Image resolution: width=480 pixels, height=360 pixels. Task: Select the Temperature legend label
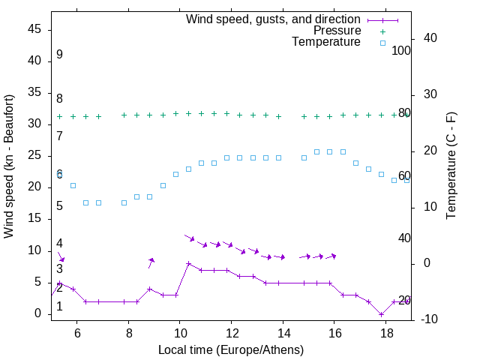[326, 43]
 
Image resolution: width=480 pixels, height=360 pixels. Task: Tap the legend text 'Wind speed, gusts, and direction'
[273, 19]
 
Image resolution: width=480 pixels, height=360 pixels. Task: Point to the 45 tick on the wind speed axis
[34, 29]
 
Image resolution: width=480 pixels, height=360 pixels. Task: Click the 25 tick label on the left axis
[34, 155]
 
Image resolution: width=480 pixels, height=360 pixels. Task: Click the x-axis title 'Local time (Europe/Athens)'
[231, 349]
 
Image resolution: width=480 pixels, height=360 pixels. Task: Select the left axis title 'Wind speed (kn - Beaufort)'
[9, 166]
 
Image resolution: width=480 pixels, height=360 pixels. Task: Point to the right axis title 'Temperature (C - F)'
[451, 166]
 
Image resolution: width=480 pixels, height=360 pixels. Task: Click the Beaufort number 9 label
[59, 55]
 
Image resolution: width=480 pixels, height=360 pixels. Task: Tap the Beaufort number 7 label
[59, 136]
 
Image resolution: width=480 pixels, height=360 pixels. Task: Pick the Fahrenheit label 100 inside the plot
[402, 51]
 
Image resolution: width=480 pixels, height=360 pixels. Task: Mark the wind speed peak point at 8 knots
[188, 264]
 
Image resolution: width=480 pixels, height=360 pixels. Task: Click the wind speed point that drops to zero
[382, 314]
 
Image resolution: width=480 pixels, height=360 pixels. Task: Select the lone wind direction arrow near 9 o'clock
[151, 262]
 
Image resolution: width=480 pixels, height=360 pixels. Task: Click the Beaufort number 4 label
[59, 244]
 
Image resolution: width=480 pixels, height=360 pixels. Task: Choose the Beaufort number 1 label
[59, 306]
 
